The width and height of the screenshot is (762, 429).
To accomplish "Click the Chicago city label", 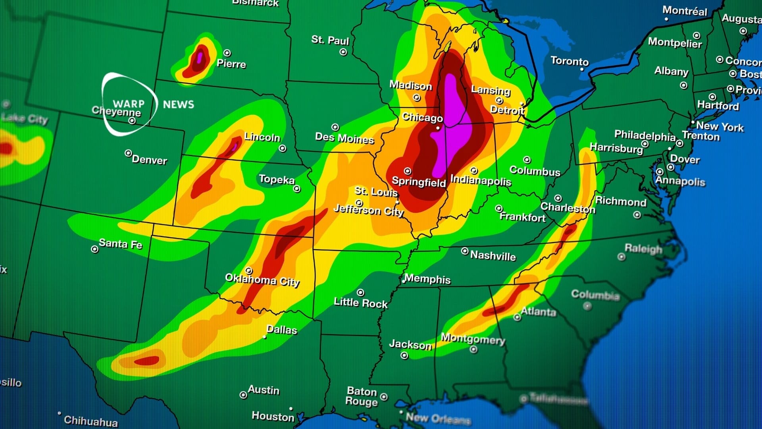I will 422,118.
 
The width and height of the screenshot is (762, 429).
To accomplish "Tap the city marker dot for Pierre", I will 227,53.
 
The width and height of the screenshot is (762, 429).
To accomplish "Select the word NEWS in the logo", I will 178,104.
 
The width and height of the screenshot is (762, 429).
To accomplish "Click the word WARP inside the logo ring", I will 128,104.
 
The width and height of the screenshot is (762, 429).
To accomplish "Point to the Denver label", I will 149,160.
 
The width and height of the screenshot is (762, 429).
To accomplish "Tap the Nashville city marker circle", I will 465,251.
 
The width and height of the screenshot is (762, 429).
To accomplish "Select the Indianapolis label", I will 481,180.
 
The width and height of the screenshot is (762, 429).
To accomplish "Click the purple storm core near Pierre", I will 200,56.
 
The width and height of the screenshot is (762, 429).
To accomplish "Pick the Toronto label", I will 570,61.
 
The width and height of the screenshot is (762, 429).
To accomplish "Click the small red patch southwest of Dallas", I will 147,361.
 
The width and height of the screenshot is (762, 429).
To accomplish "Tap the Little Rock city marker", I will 360,292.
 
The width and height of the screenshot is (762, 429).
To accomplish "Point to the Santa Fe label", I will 120,243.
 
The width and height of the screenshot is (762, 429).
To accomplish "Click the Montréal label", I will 685,11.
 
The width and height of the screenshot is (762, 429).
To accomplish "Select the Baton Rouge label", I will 362,396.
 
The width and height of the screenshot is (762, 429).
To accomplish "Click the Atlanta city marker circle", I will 517,317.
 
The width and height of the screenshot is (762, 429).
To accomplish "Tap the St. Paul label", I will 330,40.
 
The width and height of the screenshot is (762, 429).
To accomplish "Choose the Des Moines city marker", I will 335,127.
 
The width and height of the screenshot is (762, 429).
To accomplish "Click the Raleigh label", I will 643,249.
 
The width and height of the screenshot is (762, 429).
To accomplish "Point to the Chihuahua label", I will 91,421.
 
